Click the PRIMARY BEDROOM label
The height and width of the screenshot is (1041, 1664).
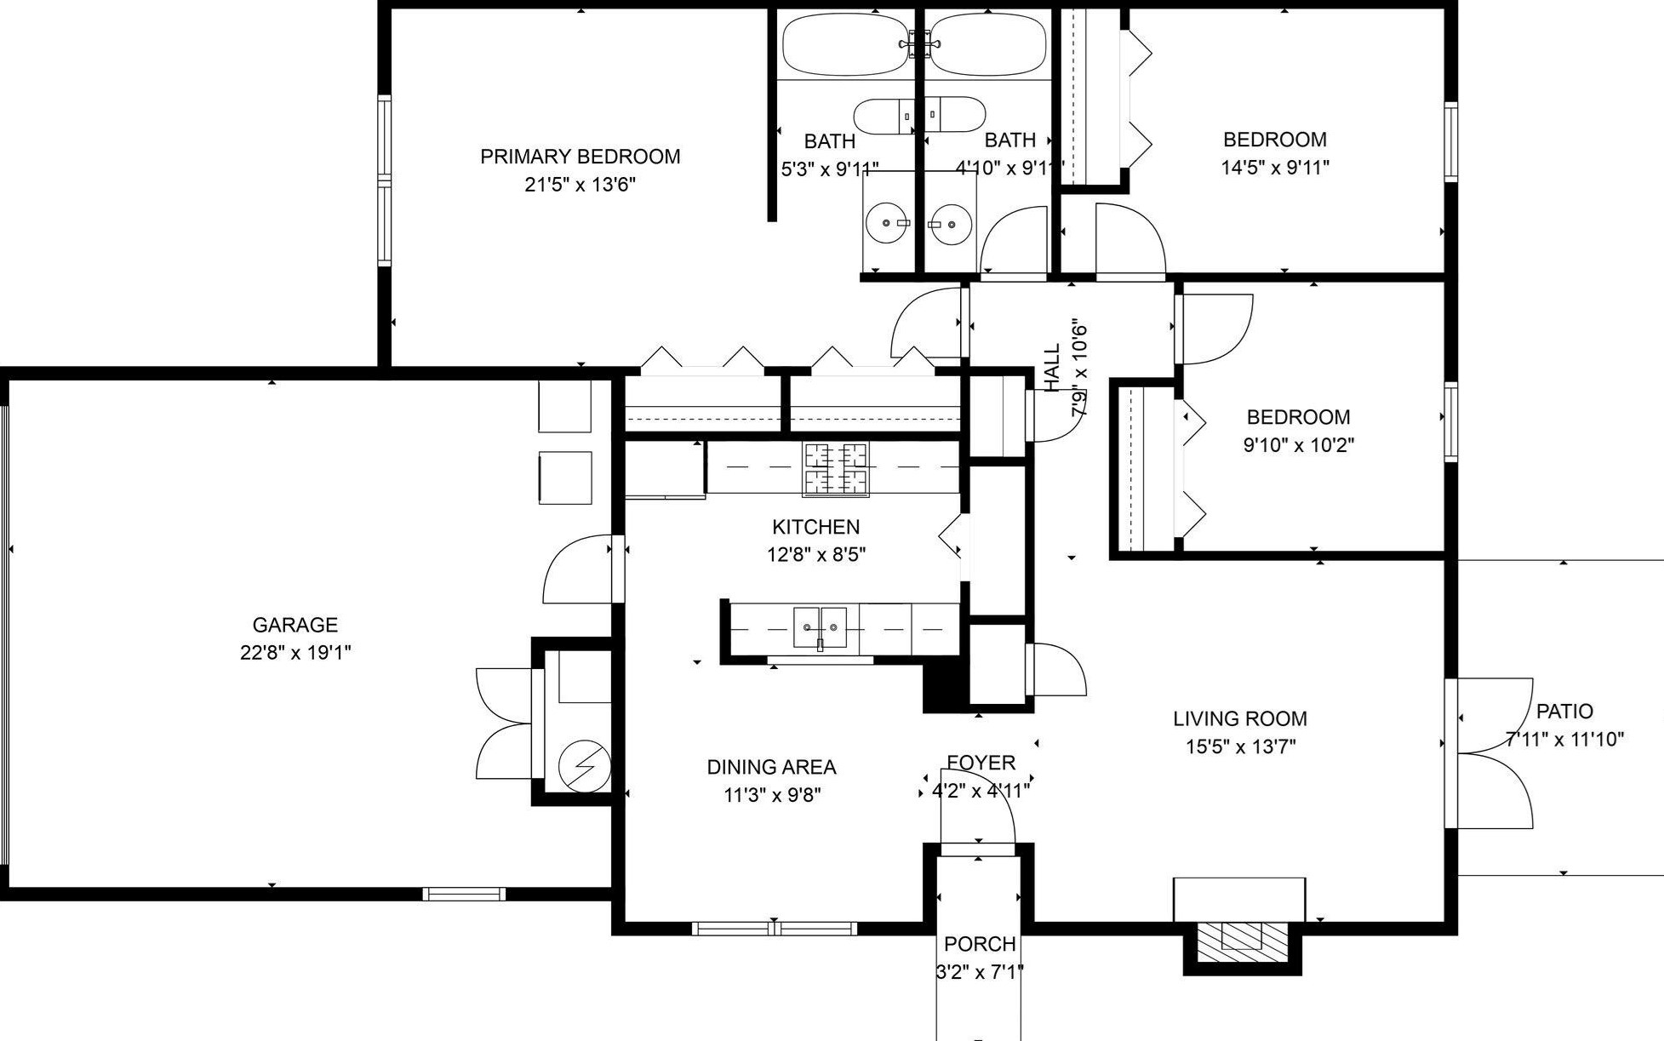coord(580,157)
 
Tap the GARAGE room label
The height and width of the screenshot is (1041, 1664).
coord(295,625)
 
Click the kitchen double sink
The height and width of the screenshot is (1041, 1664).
coord(821,628)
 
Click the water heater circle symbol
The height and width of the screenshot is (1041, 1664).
coord(584,764)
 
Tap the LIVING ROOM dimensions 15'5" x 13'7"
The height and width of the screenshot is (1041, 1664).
coord(1240,746)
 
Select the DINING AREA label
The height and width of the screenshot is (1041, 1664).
coord(771,767)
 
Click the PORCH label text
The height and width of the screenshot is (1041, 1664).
coord(980,944)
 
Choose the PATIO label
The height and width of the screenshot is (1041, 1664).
coord(1564,712)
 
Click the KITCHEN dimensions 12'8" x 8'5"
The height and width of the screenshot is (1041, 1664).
coord(816,555)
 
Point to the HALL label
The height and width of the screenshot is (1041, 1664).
coord(1053,367)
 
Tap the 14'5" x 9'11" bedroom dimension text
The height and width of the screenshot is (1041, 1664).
coord(1275,168)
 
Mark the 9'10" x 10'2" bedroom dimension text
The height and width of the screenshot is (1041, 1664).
coord(1298,445)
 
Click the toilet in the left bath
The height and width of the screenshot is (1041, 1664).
coord(885,115)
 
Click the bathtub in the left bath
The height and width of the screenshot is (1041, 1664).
coord(846,43)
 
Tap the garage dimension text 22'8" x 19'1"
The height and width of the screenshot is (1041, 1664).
coord(295,653)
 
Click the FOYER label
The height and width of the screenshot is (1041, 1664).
coord(981,763)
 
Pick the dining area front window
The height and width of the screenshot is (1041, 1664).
coord(774,929)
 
